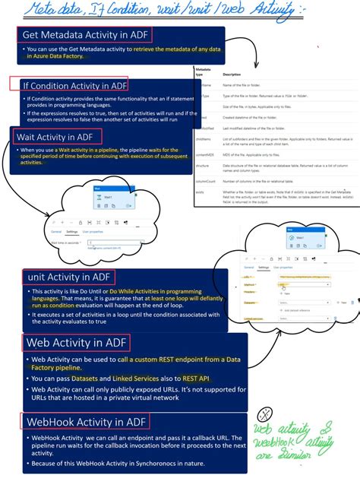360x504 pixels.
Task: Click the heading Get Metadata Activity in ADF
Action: click(84, 35)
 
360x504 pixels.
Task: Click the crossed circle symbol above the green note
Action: click(265, 415)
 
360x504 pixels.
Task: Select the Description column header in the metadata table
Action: click(232, 74)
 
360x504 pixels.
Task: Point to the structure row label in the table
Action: click(203, 163)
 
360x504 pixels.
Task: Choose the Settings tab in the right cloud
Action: click(264, 268)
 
